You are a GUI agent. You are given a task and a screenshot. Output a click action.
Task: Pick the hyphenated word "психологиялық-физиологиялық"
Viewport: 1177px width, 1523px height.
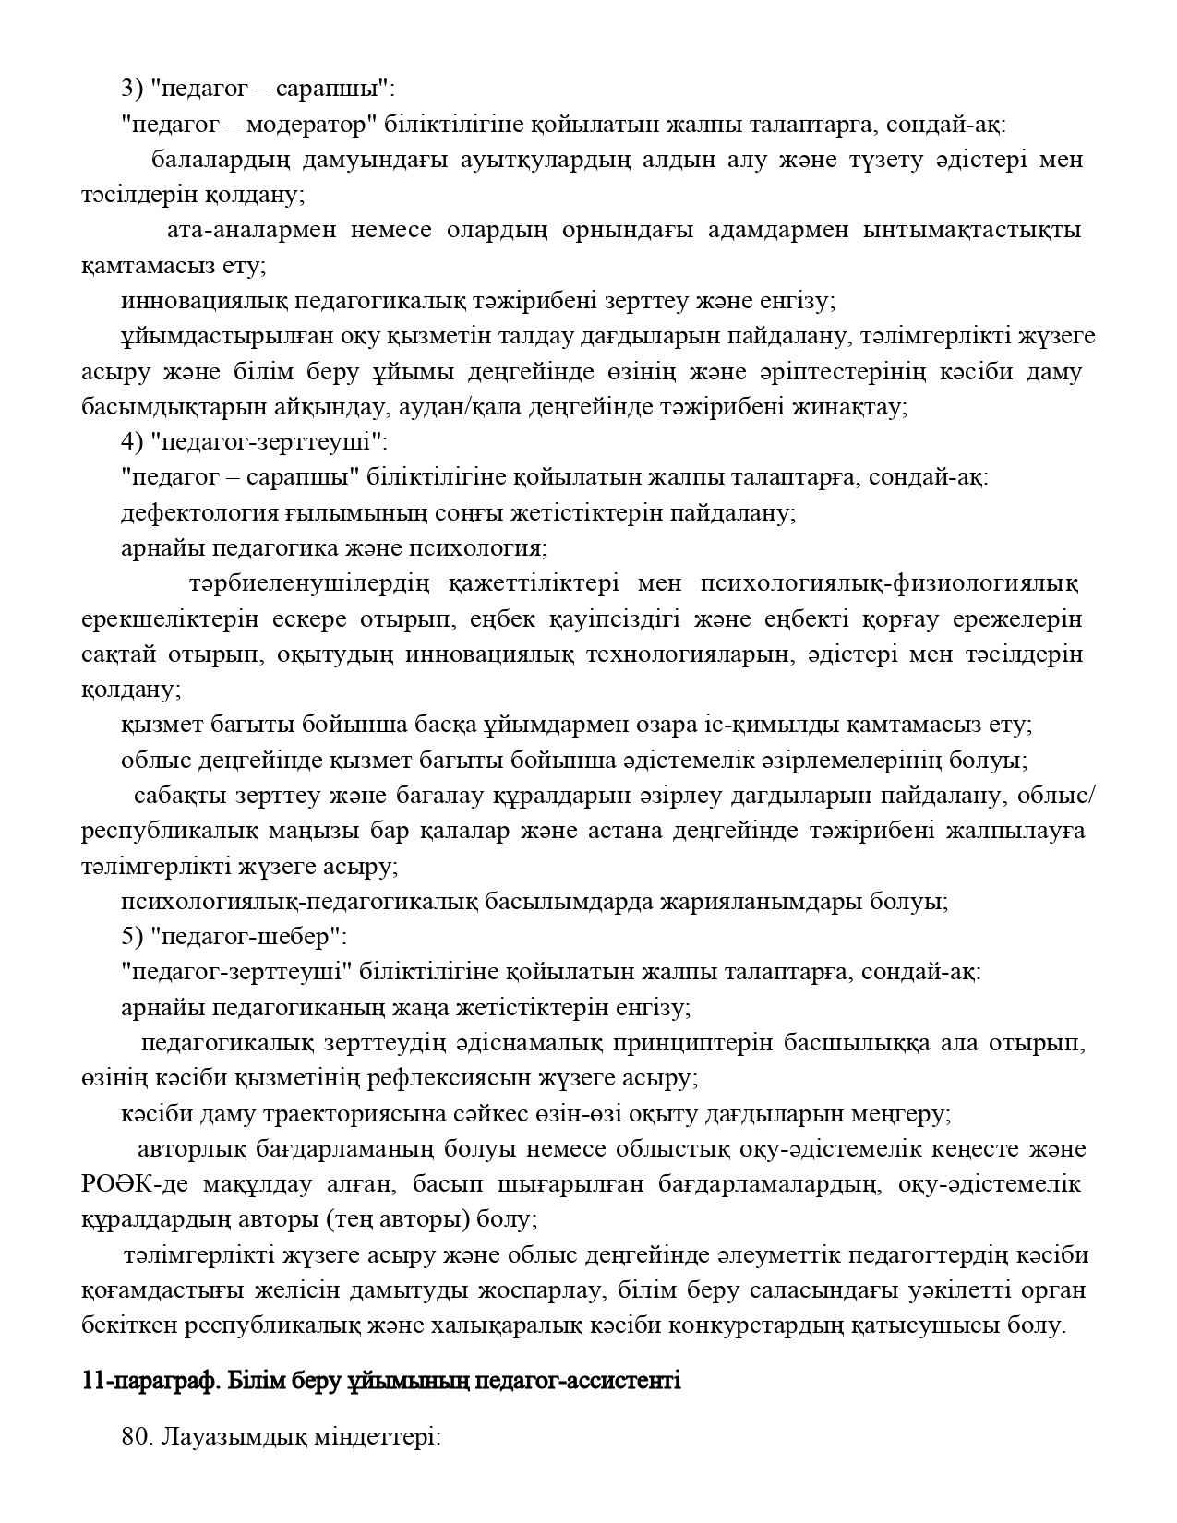pyautogui.click(x=890, y=584)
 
